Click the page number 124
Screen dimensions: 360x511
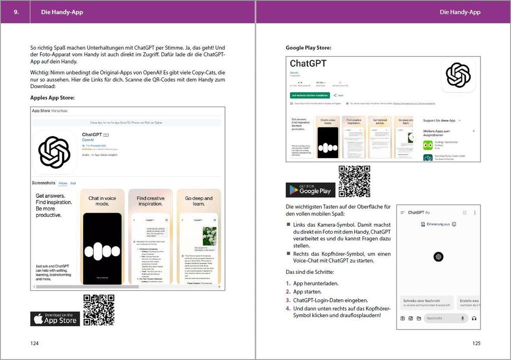(x=35, y=343)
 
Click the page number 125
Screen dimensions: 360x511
(x=476, y=343)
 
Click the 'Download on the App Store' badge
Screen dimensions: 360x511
(x=55, y=319)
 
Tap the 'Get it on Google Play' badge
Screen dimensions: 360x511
(x=311, y=190)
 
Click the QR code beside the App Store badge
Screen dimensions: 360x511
(x=99, y=310)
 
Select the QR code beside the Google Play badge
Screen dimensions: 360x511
(x=354, y=181)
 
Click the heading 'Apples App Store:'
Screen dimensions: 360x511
(x=52, y=98)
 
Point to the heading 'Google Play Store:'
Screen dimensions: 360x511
(x=308, y=48)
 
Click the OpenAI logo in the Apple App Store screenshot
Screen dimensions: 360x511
(x=55, y=152)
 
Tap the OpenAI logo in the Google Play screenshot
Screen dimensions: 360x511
(x=458, y=75)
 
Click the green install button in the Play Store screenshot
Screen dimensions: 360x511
(x=310, y=95)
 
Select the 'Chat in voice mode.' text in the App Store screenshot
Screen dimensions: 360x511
(x=102, y=201)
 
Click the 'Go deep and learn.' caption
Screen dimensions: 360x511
(x=199, y=201)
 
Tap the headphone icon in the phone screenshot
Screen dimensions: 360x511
(x=474, y=318)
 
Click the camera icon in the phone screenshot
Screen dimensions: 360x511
(x=403, y=318)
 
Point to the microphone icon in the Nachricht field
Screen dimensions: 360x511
(x=462, y=318)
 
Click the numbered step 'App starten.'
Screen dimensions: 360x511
(x=308, y=291)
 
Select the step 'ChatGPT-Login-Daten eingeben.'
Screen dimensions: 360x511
(x=331, y=300)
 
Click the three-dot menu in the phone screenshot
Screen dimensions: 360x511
(x=474, y=212)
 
